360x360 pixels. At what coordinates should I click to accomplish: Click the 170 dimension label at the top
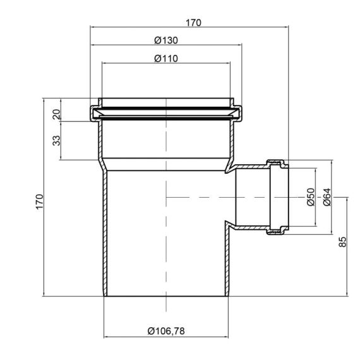(193, 22)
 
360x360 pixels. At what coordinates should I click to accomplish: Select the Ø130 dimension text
(166, 40)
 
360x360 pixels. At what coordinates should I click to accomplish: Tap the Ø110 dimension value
(166, 58)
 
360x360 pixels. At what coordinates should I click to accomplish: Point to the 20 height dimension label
(56, 114)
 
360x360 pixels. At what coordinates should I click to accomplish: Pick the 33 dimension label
(56, 140)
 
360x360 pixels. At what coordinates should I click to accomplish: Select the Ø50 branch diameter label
(310, 198)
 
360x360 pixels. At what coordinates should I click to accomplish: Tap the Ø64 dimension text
(327, 198)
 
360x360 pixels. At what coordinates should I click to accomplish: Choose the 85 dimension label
(343, 242)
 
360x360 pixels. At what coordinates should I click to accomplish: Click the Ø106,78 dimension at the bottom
(166, 330)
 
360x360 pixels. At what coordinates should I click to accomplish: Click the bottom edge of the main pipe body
(166, 296)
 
